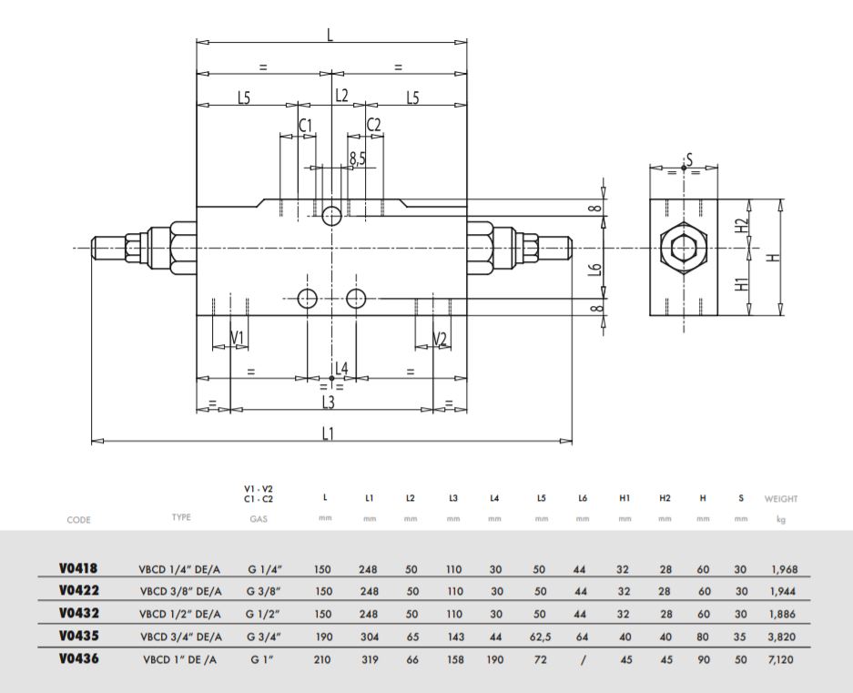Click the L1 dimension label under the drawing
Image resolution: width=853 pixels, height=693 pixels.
327,433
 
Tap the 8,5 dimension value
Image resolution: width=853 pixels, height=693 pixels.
358,158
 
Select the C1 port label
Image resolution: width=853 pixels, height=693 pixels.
306,125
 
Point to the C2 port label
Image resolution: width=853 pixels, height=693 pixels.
374,125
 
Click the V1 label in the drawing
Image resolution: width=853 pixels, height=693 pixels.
238,338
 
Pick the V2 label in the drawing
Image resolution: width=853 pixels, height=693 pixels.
440,339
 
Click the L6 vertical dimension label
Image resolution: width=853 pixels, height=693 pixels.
596,269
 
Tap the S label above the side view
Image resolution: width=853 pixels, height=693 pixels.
689,160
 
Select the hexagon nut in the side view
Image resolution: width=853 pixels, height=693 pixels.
684,249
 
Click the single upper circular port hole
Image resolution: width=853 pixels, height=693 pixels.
331,216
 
